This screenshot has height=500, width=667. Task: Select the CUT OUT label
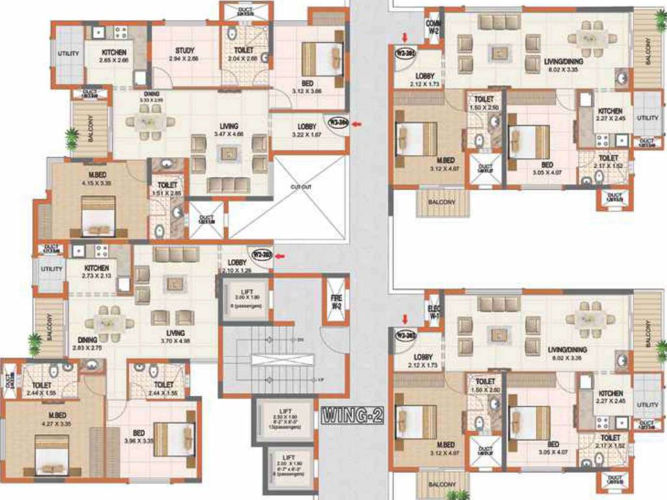coord(301,187)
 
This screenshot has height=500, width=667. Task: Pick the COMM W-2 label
coord(434,27)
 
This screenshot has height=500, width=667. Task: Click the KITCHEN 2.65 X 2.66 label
coord(114,56)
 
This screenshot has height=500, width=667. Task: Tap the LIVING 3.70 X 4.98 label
coord(175,337)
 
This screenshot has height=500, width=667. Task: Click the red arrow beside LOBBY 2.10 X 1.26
coord(280,256)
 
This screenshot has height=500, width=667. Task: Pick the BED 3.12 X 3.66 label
coord(307,87)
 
